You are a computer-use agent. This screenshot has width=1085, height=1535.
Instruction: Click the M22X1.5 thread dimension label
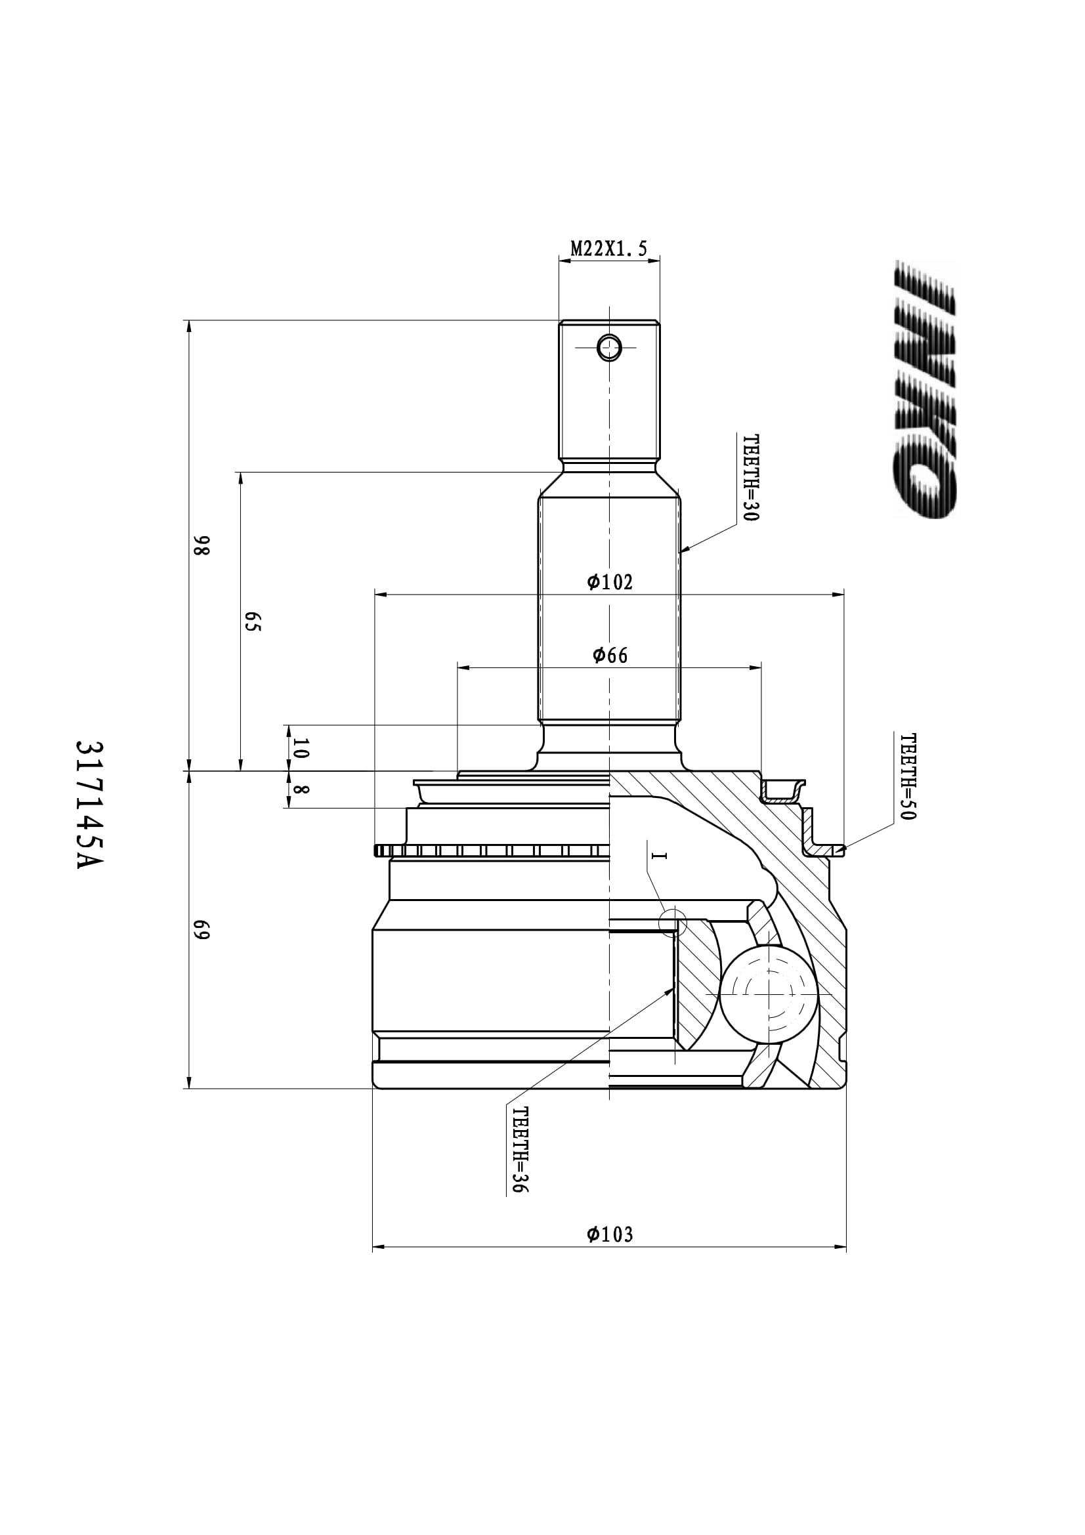point(608,249)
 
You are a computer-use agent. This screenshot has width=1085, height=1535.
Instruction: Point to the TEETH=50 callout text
point(908,777)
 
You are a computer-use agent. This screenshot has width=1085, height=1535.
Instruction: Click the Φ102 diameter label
point(610,582)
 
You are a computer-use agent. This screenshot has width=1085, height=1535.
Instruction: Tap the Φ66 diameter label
point(610,655)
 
